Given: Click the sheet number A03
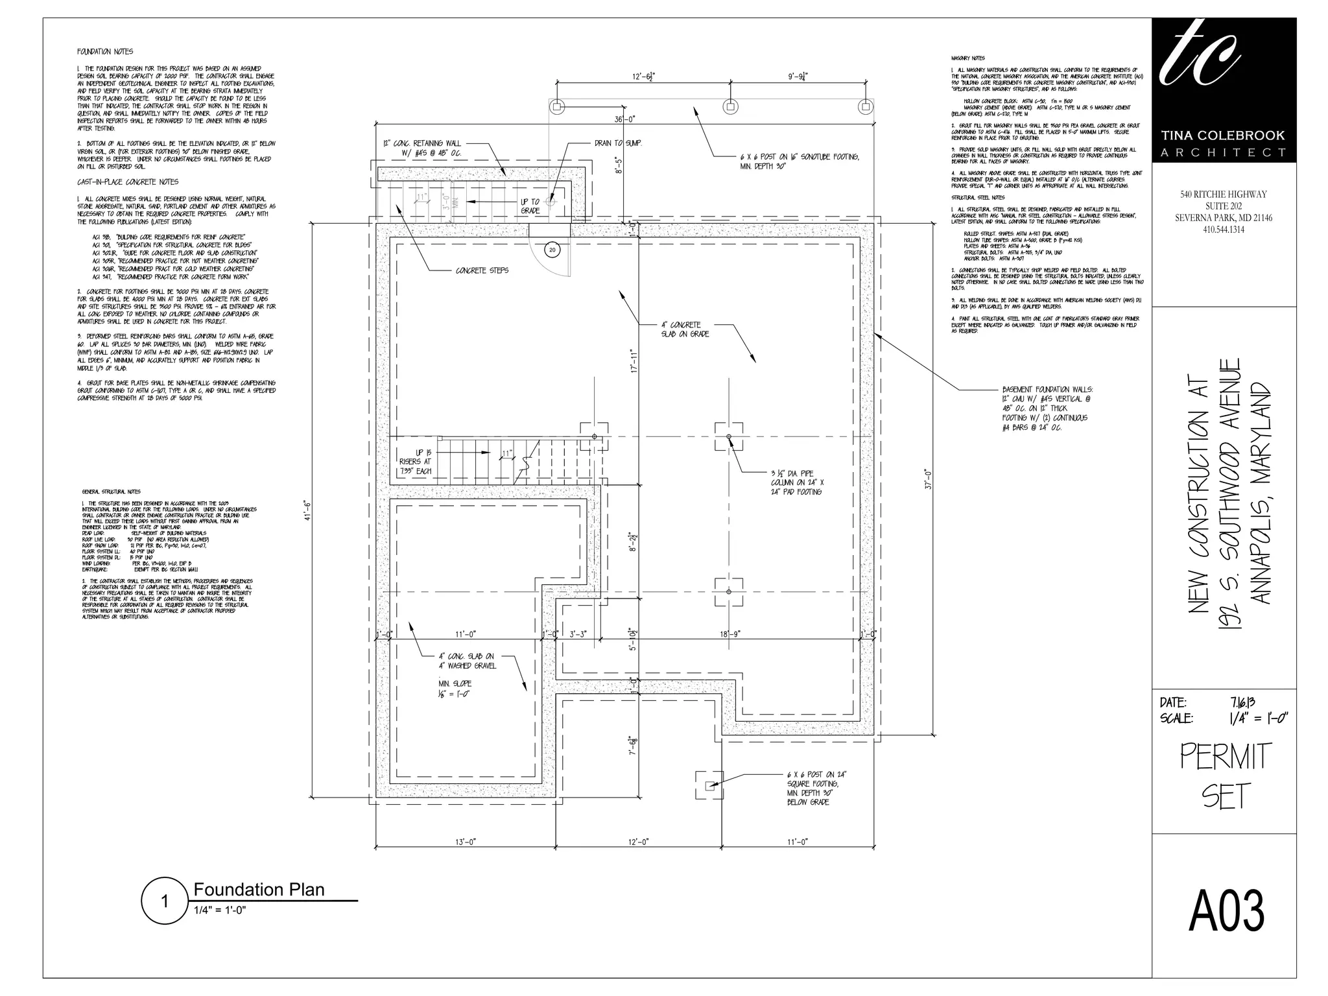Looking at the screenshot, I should pyautogui.click(x=1226, y=912).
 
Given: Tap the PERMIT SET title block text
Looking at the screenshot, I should pyautogui.click(x=1224, y=777).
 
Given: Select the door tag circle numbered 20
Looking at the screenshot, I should pyautogui.click(x=552, y=250).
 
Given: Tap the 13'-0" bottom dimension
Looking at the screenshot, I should pyautogui.click(x=465, y=842).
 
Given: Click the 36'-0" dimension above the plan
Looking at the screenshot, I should pyautogui.click(x=625, y=119).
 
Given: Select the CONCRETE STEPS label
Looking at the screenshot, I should pyautogui.click(x=482, y=270).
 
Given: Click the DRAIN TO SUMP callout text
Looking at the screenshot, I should pyautogui.click(x=617, y=143).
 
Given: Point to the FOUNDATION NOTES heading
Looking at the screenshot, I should pyautogui.click(x=105, y=52).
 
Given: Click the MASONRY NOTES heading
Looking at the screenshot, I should pyautogui.click(x=968, y=58).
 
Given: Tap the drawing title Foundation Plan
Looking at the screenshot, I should pyautogui.click(x=259, y=890).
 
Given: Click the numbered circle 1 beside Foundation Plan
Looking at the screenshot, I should pyautogui.click(x=165, y=901).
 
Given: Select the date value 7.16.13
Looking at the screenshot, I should pyautogui.click(x=1242, y=702).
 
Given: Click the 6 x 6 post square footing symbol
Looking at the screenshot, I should pyautogui.click(x=709, y=786).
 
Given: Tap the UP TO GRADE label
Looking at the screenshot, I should pyautogui.click(x=530, y=206).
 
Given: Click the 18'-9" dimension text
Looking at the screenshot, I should pyautogui.click(x=729, y=634).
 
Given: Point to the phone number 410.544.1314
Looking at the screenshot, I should pyautogui.click(x=1223, y=230).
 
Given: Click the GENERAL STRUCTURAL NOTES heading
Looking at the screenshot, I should pyautogui.click(x=112, y=492).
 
